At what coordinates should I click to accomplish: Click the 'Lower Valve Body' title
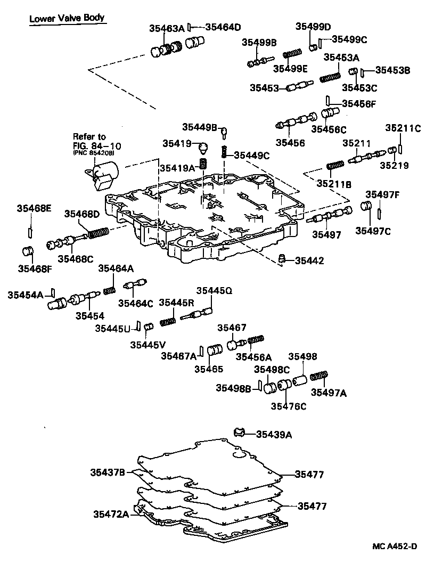[x=67, y=18]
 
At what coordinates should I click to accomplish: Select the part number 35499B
[x=259, y=43]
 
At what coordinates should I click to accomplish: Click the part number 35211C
[x=403, y=128]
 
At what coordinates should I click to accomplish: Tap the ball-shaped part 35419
[x=202, y=145]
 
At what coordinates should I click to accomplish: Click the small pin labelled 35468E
[x=30, y=232]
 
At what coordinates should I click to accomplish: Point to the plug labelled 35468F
[x=28, y=251]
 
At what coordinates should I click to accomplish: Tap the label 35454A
[x=25, y=295]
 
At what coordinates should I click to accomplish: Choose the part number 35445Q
[x=214, y=290]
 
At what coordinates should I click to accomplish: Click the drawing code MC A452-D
[x=393, y=547]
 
